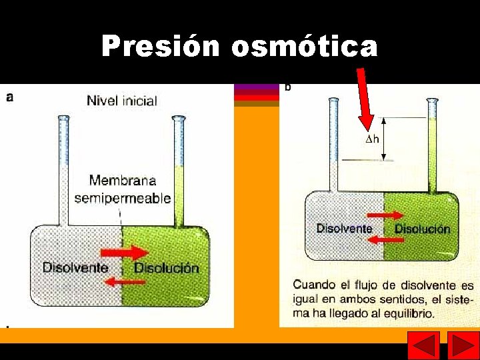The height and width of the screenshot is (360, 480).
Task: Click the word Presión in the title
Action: (x=161, y=47)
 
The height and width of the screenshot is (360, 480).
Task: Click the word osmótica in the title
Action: (x=304, y=47)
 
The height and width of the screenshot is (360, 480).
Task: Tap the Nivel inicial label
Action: (x=122, y=101)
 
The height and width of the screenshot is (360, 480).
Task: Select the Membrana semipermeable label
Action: (x=123, y=189)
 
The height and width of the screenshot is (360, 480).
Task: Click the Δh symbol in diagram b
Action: (x=372, y=139)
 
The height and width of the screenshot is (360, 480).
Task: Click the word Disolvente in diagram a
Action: (x=75, y=267)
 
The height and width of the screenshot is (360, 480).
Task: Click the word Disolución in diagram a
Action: (x=167, y=268)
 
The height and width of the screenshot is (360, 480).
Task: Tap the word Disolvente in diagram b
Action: (x=344, y=228)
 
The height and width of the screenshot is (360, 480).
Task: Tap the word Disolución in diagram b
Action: (x=422, y=229)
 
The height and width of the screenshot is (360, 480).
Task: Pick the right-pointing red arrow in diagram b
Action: (x=386, y=215)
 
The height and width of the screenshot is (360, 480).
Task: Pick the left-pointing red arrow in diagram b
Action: (x=386, y=240)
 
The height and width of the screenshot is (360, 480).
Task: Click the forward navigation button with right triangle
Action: (x=463, y=346)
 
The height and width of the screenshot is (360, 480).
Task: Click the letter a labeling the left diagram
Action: (x=9, y=97)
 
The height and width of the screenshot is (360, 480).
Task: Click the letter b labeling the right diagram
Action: (x=288, y=87)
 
